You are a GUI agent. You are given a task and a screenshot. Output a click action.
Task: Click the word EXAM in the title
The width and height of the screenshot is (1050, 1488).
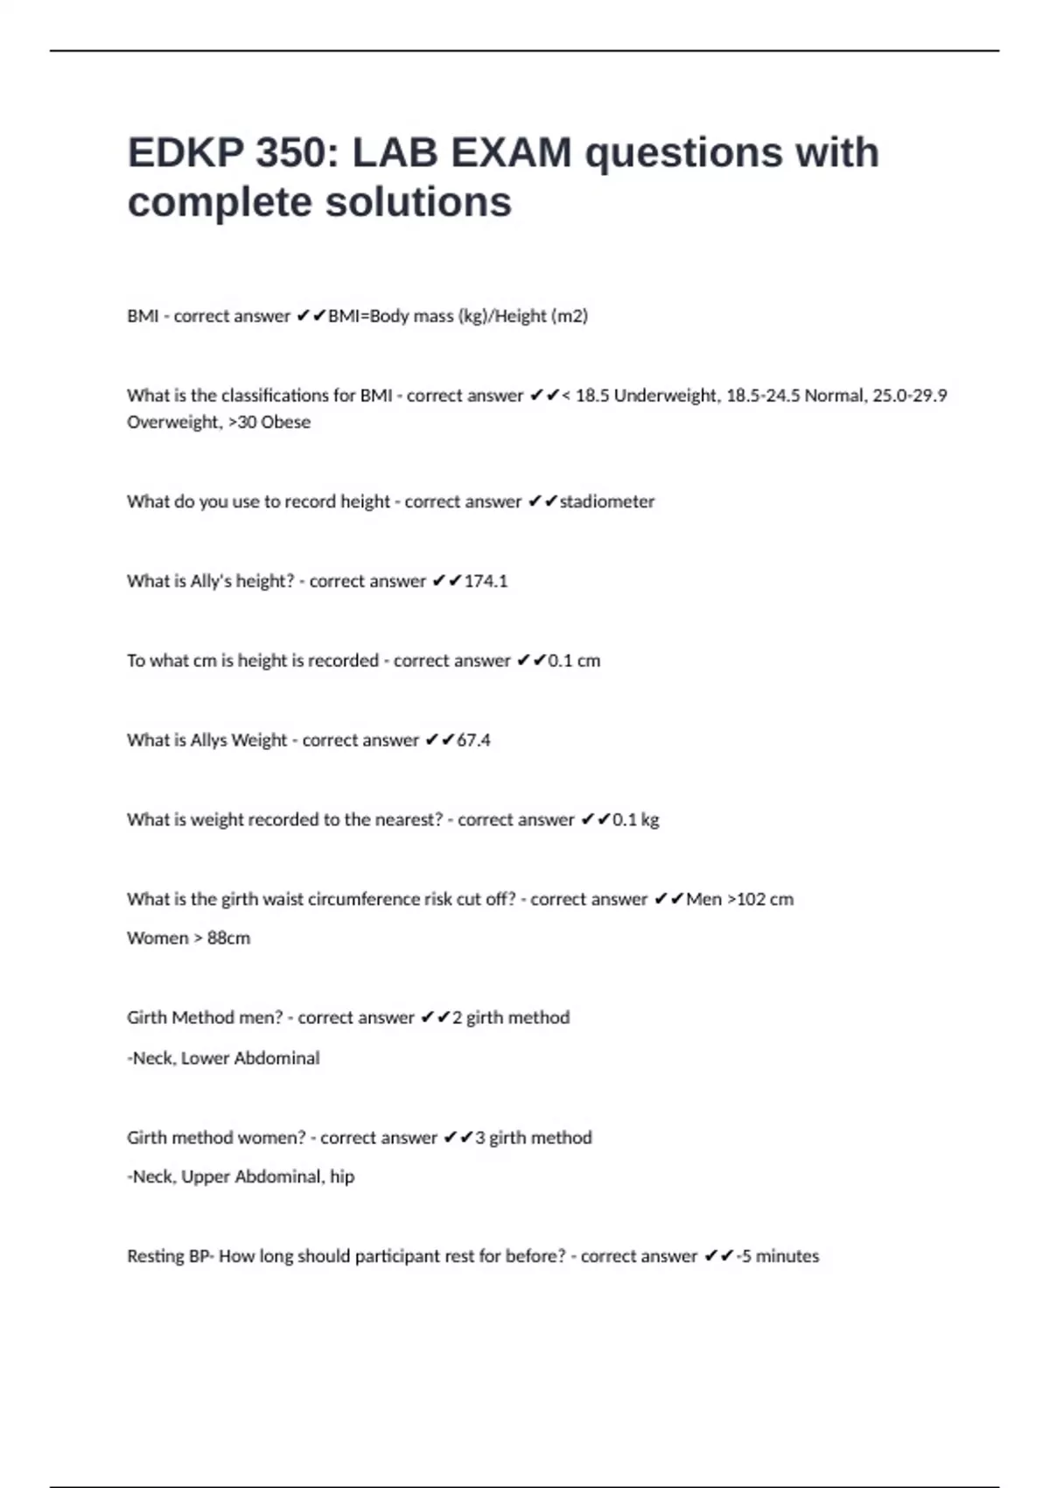[x=511, y=153]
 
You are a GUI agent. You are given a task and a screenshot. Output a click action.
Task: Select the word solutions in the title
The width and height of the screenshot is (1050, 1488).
[x=418, y=203]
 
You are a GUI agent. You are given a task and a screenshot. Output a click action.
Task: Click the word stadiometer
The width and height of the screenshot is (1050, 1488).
[x=606, y=502]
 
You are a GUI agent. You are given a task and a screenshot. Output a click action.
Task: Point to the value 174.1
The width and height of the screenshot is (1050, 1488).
[x=486, y=581]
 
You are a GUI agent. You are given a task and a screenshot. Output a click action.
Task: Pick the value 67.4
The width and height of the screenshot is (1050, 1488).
[x=473, y=740]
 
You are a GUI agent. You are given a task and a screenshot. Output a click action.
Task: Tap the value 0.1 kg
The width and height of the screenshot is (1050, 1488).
[x=635, y=820]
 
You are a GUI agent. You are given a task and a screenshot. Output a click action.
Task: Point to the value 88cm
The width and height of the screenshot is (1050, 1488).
[x=228, y=938]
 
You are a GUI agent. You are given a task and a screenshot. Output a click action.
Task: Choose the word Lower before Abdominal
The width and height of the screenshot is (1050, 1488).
[x=205, y=1058]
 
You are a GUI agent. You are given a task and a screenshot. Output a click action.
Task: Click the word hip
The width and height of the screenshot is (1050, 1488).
[x=342, y=1177]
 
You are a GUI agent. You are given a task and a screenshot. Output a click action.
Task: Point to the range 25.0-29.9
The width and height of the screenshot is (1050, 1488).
[x=910, y=396]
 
